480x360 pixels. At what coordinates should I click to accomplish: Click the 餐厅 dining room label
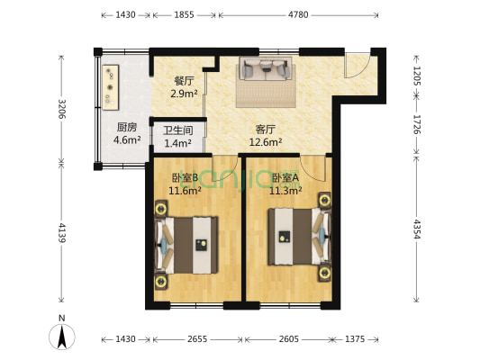(x=184, y=81)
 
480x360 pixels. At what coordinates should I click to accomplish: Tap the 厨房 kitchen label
(x=127, y=127)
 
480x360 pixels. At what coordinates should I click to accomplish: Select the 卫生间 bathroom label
(x=177, y=130)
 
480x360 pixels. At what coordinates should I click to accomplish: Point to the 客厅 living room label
(x=266, y=130)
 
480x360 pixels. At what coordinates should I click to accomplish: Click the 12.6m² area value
(x=266, y=142)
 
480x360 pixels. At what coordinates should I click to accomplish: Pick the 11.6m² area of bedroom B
(x=185, y=191)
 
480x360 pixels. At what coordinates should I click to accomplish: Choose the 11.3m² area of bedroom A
(x=285, y=191)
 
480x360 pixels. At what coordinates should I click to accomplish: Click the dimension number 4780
(x=298, y=14)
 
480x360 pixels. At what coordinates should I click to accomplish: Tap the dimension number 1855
(x=184, y=14)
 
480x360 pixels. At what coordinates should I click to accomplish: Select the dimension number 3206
(x=62, y=109)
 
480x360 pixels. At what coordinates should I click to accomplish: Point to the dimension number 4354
(x=416, y=229)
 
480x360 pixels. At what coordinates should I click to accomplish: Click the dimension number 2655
(x=197, y=339)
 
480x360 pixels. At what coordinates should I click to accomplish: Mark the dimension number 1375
(x=355, y=339)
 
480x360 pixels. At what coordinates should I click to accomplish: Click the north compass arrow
(x=62, y=337)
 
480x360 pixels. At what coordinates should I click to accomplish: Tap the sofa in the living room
(x=266, y=68)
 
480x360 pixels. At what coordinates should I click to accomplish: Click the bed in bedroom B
(x=186, y=246)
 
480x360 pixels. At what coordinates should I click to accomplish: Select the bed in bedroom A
(x=299, y=237)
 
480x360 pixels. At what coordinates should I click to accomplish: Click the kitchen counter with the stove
(x=110, y=87)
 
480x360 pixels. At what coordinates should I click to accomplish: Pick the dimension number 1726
(x=416, y=124)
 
